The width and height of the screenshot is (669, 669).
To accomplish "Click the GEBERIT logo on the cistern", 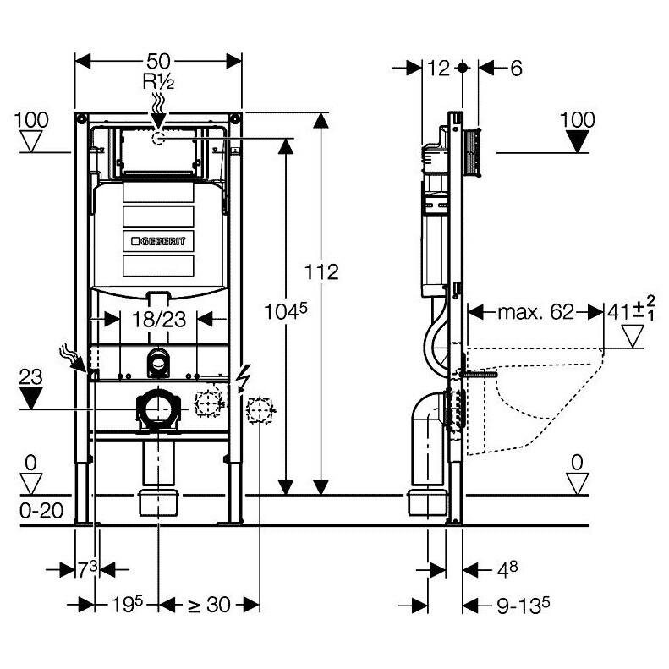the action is [x=158, y=242].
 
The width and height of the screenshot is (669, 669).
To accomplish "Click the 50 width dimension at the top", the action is [x=158, y=62].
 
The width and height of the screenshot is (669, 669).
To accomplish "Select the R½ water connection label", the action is [x=158, y=81].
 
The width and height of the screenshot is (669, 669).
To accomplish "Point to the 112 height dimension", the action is [x=321, y=271].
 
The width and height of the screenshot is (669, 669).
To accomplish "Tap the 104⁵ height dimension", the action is [x=285, y=311].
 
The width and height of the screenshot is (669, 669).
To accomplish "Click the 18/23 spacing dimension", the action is [x=159, y=319].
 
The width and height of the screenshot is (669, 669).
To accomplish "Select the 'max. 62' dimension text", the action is [x=536, y=312].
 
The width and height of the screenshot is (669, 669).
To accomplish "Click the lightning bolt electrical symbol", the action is [x=245, y=378].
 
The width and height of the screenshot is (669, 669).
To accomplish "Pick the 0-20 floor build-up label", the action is [x=41, y=510].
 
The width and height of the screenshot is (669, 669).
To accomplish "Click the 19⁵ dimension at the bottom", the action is [x=127, y=604].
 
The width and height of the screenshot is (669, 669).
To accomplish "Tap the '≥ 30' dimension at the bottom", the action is [x=210, y=605].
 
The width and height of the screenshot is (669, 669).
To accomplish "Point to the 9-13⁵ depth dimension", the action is [x=523, y=605].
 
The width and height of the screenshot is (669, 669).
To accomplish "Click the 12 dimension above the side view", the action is [x=438, y=69].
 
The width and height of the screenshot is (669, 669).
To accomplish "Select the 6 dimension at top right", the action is [x=516, y=69].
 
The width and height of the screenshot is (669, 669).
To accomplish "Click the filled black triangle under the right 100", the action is [x=578, y=141].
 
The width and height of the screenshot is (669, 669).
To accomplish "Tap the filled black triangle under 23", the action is [x=30, y=398].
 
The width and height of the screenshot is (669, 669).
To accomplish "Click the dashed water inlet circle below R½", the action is [x=159, y=139].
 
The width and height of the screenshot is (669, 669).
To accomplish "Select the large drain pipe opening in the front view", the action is [x=158, y=409].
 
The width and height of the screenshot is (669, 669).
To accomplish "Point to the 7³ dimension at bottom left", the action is [x=88, y=569].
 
